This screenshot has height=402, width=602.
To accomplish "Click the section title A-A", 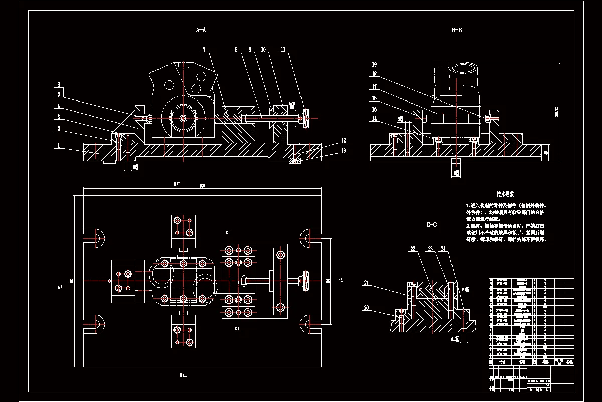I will (x=201, y=30).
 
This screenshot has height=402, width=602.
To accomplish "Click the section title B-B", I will (x=457, y=30).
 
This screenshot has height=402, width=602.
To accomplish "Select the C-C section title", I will (x=431, y=225).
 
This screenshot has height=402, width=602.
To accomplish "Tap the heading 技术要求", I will (x=506, y=194).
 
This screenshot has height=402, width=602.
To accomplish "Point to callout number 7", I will (x=205, y=49).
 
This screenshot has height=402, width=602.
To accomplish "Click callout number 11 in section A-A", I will (x=283, y=49).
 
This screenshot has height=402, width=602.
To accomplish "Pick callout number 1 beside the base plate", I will (x=59, y=146).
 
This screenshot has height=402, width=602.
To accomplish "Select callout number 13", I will (x=344, y=150).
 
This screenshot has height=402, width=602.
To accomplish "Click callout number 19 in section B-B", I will (x=374, y=65).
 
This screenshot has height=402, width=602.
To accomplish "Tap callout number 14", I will (x=374, y=119).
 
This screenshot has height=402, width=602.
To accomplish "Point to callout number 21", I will (x=366, y=284).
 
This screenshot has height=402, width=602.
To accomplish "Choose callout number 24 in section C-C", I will (x=443, y=249).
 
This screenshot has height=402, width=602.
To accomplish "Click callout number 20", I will (x=366, y=308).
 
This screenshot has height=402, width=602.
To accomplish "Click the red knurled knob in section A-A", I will (x=304, y=120).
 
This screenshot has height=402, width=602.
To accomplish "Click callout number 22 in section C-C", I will (x=413, y=249).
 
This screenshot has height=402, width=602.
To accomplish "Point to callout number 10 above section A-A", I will (x=264, y=49).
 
